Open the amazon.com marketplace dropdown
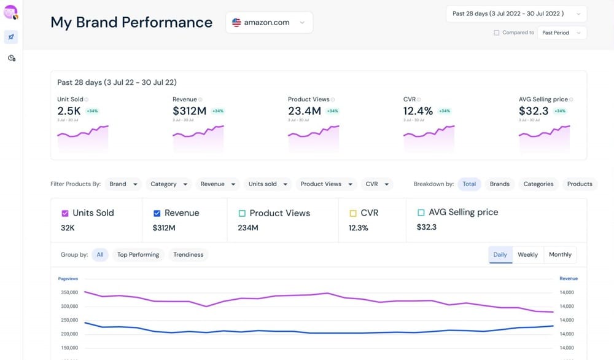[269, 23]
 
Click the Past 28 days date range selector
[516, 14]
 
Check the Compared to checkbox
[496, 33]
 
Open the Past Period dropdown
[561, 33]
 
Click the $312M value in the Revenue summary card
[189, 111]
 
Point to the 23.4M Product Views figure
[305, 111]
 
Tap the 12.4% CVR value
[418, 111]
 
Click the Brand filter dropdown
[123, 184]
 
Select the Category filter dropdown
[168, 184]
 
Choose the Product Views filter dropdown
[325, 184]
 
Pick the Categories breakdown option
[538, 184]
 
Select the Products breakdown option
[580, 184]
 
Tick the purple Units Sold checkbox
[65, 213]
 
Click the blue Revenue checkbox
[157, 213]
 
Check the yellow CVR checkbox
[352, 213]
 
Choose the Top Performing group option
[138, 254]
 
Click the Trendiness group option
[188, 254]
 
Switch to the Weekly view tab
[527, 254]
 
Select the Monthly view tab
[560, 254]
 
